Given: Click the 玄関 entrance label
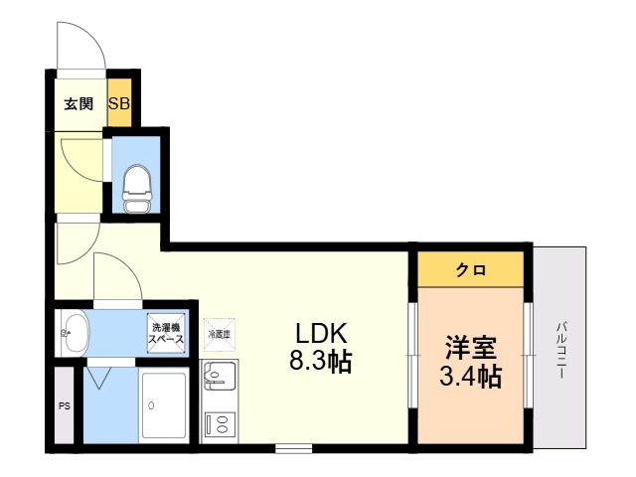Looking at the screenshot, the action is click(79, 104).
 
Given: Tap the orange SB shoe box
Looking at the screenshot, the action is click(119, 102).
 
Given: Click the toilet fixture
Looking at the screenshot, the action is click(137, 189).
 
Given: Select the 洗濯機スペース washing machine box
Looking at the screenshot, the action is click(166, 333).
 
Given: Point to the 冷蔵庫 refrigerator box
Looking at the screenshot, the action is click(219, 335).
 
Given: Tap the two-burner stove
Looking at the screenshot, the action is click(221, 424).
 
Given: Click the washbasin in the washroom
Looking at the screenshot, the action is click(75, 334).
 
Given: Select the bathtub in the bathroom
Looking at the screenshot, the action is click(164, 405).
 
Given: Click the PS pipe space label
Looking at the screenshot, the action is click(65, 406).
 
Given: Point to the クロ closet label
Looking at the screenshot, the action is click(470, 269).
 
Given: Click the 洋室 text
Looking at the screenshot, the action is click(470, 348).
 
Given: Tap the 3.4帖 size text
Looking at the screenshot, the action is click(470, 376).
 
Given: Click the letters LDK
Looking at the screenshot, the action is click(321, 334).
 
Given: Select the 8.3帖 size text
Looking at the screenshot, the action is click(320, 361).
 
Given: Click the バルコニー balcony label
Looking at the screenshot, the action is click(561, 350).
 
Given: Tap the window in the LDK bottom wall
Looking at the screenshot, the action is click(294, 448).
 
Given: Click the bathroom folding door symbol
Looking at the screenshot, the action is click(99, 378).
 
